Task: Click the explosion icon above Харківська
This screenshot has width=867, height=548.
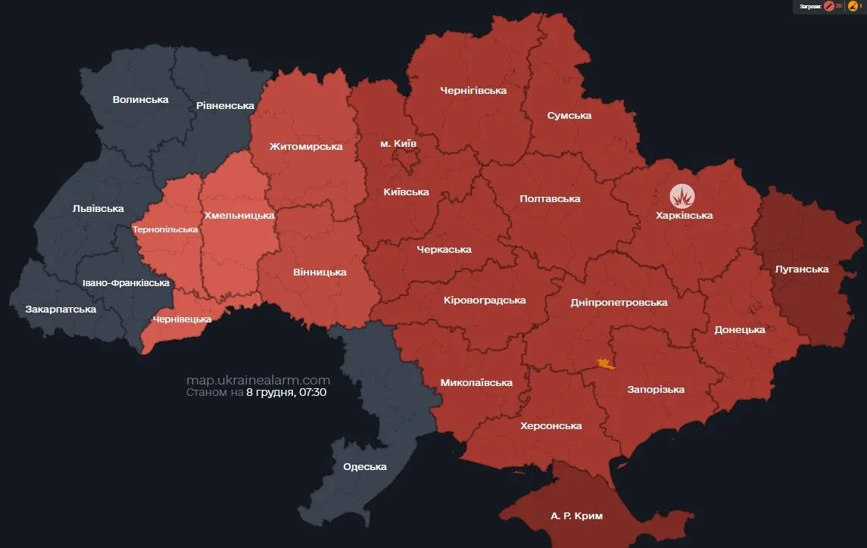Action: [x=684, y=197]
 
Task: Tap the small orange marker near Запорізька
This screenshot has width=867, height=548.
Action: [x=604, y=364]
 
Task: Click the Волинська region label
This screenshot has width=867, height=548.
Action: [x=140, y=99]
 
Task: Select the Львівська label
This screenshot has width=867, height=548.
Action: [x=98, y=208]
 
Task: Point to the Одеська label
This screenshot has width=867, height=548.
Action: [x=365, y=466]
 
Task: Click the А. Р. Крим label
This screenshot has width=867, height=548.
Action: [x=577, y=515]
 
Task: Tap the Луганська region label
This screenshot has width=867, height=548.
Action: [x=802, y=269]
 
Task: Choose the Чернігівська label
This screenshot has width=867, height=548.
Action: [x=473, y=90]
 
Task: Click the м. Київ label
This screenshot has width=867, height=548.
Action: [x=398, y=143]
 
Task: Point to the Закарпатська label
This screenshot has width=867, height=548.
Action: [x=61, y=309]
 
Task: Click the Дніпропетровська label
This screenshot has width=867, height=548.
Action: [x=619, y=302]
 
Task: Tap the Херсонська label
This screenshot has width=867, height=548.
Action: [x=551, y=425]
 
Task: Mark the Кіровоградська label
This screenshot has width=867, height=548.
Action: [x=485, y=300]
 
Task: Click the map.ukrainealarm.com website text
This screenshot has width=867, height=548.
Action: [x=258, y=380]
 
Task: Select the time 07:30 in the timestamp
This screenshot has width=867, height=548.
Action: [x=313, y=393]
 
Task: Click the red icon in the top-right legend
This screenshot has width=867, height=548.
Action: [x=829, y=6]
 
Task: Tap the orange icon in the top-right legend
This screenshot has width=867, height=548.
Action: [x=853, y=6]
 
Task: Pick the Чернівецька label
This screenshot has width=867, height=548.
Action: [x=182, y=319]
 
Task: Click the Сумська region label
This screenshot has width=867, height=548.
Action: [x=569, y=115]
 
